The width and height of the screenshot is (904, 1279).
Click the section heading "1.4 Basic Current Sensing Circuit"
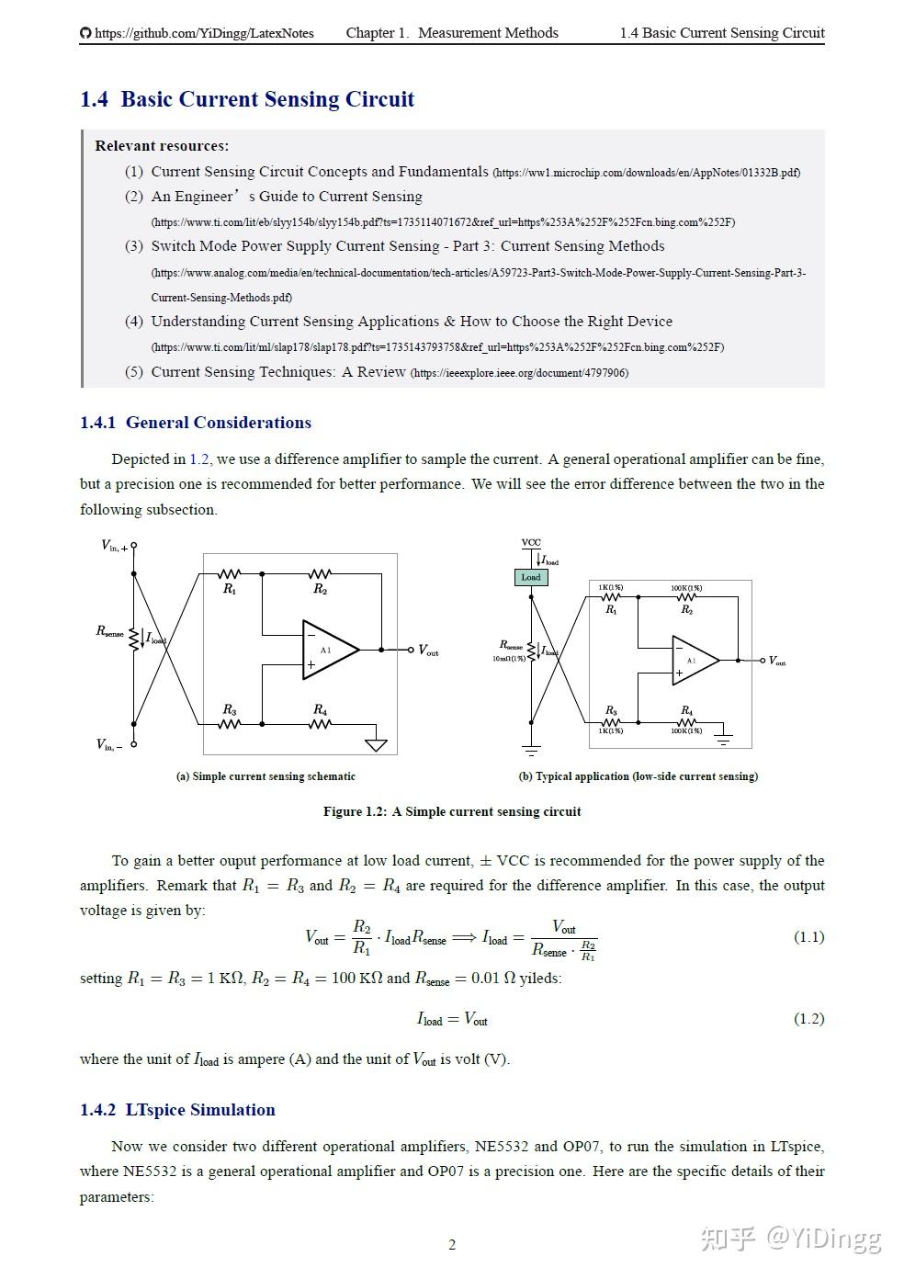coord(247,99)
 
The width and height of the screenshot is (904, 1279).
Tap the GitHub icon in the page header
coord(85,33)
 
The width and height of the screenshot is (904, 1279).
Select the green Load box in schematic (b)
coord(531,577)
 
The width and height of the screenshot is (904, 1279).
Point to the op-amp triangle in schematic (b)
coord(694,660)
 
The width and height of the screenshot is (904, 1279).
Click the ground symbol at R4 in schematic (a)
coord(375,743)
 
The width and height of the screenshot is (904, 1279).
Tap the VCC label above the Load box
coord(531,542)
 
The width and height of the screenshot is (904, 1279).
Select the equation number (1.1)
coord(808,937)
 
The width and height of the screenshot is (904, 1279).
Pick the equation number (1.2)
coord(808,1019)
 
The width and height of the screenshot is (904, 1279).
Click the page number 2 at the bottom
coord(452,1245)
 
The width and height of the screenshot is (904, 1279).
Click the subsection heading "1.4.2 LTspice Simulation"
coord(177,1110)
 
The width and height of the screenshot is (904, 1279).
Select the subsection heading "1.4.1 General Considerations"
coord(196,423)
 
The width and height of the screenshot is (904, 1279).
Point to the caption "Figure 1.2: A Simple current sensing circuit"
coord(452,811)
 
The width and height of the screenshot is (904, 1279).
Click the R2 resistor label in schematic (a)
coord(320,590)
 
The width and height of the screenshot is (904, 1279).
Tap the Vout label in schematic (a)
coord(428,651)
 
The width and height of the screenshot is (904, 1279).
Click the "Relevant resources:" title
coord(162,146)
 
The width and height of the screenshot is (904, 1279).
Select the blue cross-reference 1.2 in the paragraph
coord(199,459)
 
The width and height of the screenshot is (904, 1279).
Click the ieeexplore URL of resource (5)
coord(519,373)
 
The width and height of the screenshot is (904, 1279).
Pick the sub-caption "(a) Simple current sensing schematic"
coord(266,776)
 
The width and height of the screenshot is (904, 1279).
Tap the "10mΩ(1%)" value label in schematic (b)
coord(509,659)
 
